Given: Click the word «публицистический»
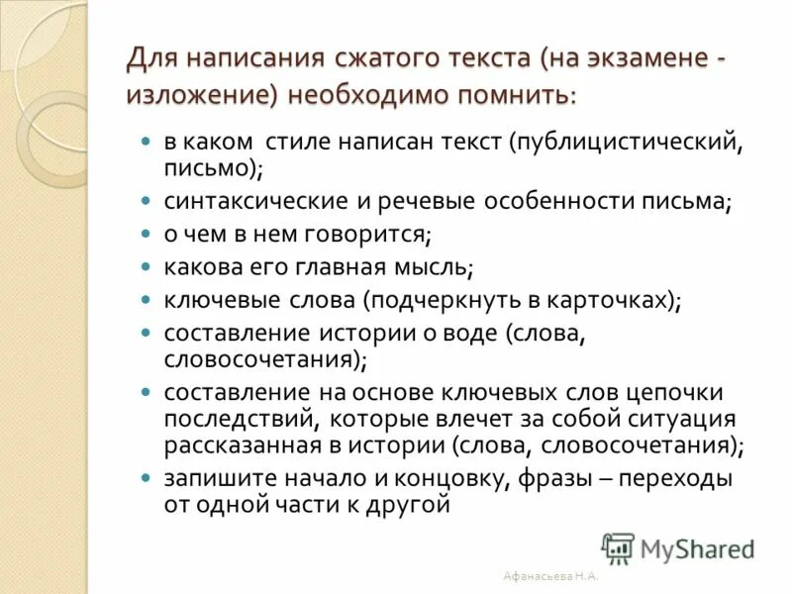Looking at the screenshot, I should click(628, 142).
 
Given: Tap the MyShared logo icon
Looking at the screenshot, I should click(618, 547).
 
